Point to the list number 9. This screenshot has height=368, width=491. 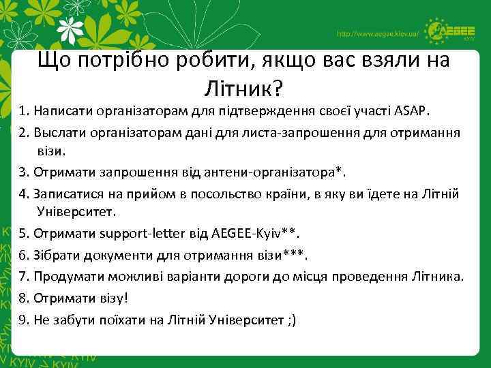pos(23,320)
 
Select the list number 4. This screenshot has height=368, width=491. pos(23,194)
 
